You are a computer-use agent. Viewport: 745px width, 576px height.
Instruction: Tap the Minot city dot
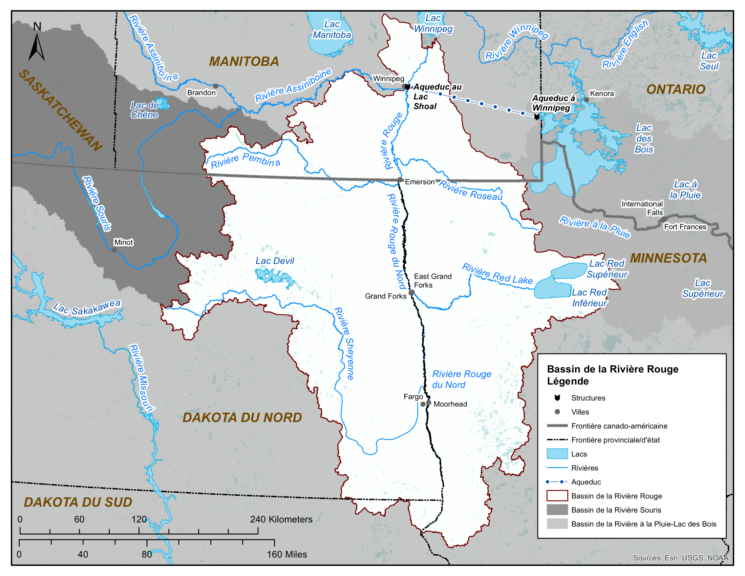(x=114, y=250)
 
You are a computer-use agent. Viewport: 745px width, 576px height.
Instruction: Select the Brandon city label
(x=201, y=92)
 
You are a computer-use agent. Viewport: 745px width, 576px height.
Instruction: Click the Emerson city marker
(x=400, y=180)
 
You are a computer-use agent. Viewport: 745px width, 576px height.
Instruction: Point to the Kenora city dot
(x=586, y=100)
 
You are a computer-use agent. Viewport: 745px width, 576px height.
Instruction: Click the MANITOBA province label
(x=244, y=62)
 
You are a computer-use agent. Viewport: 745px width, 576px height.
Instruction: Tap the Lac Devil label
(x=275, y=261)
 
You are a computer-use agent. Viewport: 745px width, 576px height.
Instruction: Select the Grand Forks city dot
(x=411, y=292)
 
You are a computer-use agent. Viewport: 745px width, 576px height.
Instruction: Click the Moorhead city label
(x=450, y=404)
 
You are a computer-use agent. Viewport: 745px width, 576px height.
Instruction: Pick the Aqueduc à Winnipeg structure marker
(x=537, y=117)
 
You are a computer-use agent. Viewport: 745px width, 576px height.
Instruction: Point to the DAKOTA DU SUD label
(x=78, y=502)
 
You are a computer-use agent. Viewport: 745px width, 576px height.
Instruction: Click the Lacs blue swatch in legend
(x=557, y=454)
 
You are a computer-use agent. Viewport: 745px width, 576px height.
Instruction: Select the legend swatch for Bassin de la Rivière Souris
(x=557, y=510)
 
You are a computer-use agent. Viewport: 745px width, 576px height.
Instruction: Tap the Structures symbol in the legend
(x=557, y=397)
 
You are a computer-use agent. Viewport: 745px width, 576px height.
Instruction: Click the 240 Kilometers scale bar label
(x=281, y=519)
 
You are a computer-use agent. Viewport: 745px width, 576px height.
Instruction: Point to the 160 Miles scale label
(x=286, y=555)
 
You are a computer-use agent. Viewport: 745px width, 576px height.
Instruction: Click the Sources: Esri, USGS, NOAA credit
(x=681, y=558)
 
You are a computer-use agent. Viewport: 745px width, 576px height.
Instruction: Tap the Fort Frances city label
(x=685, y=227)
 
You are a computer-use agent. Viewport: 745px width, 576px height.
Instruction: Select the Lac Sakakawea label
(x=87, y=308)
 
